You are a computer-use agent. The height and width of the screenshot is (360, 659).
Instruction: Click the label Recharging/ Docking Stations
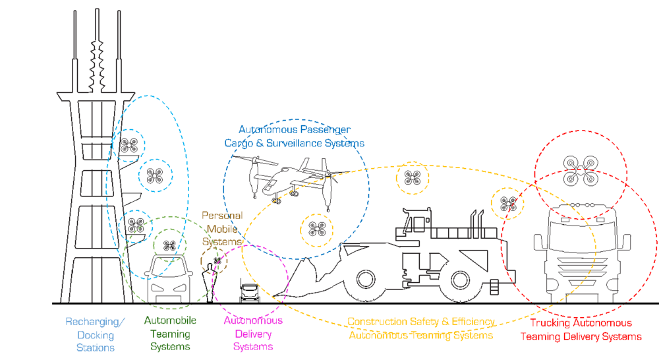coord(95,335)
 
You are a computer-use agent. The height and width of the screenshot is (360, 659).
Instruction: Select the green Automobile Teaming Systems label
coord(170,334)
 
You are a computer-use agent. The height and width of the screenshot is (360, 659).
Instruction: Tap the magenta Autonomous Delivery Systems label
coord(253,333)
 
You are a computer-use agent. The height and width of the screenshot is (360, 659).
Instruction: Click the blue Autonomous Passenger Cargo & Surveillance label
coord(295,136)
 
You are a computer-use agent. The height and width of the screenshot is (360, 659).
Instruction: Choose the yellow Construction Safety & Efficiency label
coord(422,328)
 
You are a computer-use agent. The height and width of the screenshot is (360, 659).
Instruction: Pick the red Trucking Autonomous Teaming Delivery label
coord(581,330)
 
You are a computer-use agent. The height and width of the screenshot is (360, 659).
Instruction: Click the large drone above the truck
coord(581,170)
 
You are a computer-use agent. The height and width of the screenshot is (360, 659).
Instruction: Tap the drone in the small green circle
coord(170,245)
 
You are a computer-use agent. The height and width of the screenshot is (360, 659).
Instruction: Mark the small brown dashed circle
coord(214,261)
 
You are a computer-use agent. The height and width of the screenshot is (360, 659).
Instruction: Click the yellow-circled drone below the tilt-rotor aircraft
coord(317,228)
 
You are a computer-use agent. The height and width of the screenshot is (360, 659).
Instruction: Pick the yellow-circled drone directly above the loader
coord(413,177)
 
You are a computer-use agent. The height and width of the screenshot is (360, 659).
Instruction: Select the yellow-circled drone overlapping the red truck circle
coord(507,204)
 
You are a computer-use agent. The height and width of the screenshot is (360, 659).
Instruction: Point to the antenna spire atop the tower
coord(101,46)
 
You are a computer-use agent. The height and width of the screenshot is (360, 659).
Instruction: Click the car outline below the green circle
coord(169,284)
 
